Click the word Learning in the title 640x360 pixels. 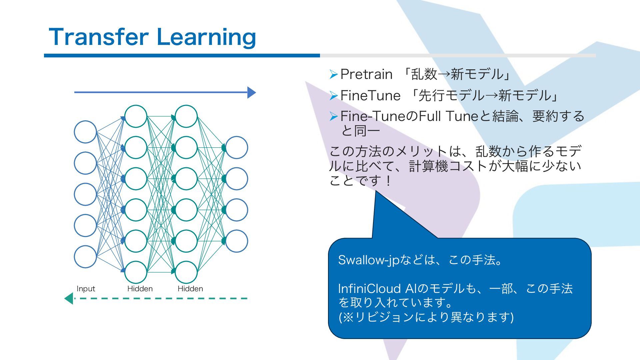pos(206,37)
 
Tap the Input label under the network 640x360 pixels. pos(86,289)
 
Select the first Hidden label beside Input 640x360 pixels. pos(140,289)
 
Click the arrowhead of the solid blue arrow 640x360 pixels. pos(252,92)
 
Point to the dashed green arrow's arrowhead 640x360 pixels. pos(69,298)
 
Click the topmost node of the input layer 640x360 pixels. pos(85,132)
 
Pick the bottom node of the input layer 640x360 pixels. pos(85,257)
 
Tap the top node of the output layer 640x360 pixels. pos(237,147)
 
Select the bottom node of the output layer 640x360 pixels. pos(237,241)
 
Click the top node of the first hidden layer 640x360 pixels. pos(136,116)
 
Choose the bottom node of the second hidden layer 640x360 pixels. pos(186,272)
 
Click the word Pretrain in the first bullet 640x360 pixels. pos(366,74)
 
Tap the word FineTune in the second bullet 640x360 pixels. pos(370,96)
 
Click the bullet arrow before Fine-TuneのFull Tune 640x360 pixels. pos(334,116)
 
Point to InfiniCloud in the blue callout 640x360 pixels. pos(370,289)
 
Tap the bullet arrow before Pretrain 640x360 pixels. pos(334,74)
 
